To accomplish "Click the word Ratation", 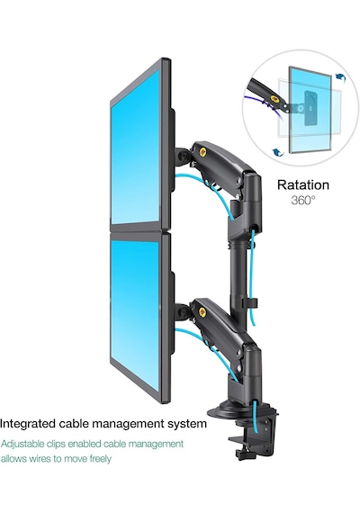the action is [303, 184].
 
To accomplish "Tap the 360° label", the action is [303, 200].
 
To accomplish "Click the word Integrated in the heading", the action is [28, 424].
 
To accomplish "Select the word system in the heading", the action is [187, 424].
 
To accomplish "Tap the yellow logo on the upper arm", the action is [203, 151].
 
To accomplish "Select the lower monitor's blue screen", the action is [136, 313].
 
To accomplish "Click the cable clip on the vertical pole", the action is [250, 303].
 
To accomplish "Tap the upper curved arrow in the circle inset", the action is [341, 77].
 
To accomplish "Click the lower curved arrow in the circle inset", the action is [278, 152].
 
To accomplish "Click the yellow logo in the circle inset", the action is [274, 99].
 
